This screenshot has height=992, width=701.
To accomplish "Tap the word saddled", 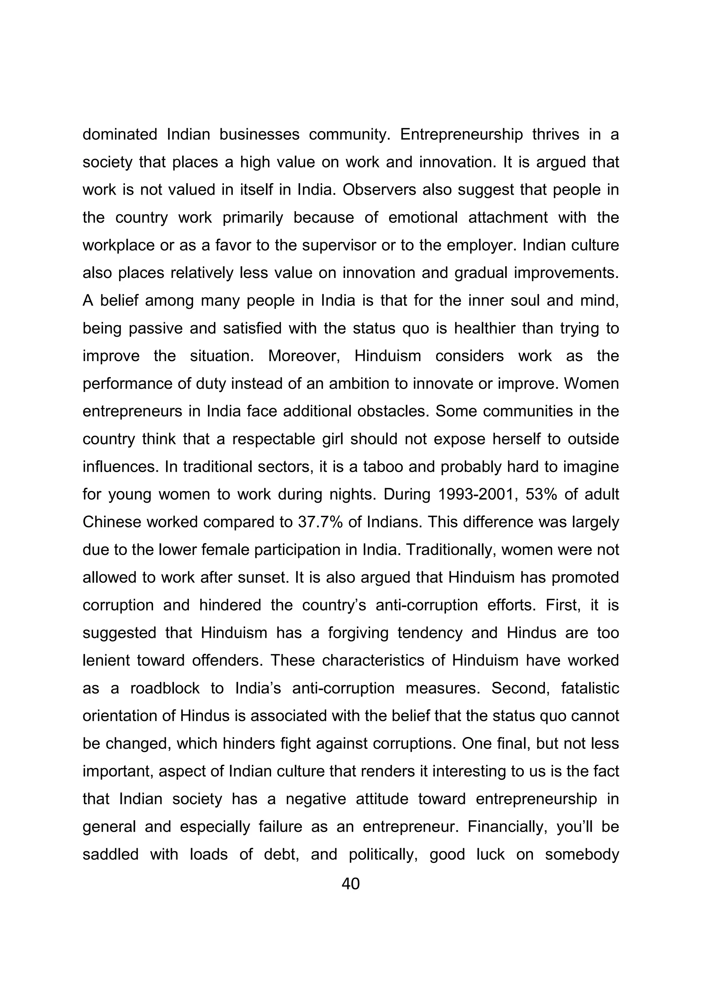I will [111, 854].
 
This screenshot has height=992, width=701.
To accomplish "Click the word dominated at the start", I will [120, 135].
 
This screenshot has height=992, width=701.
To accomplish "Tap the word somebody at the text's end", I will [582, 854].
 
